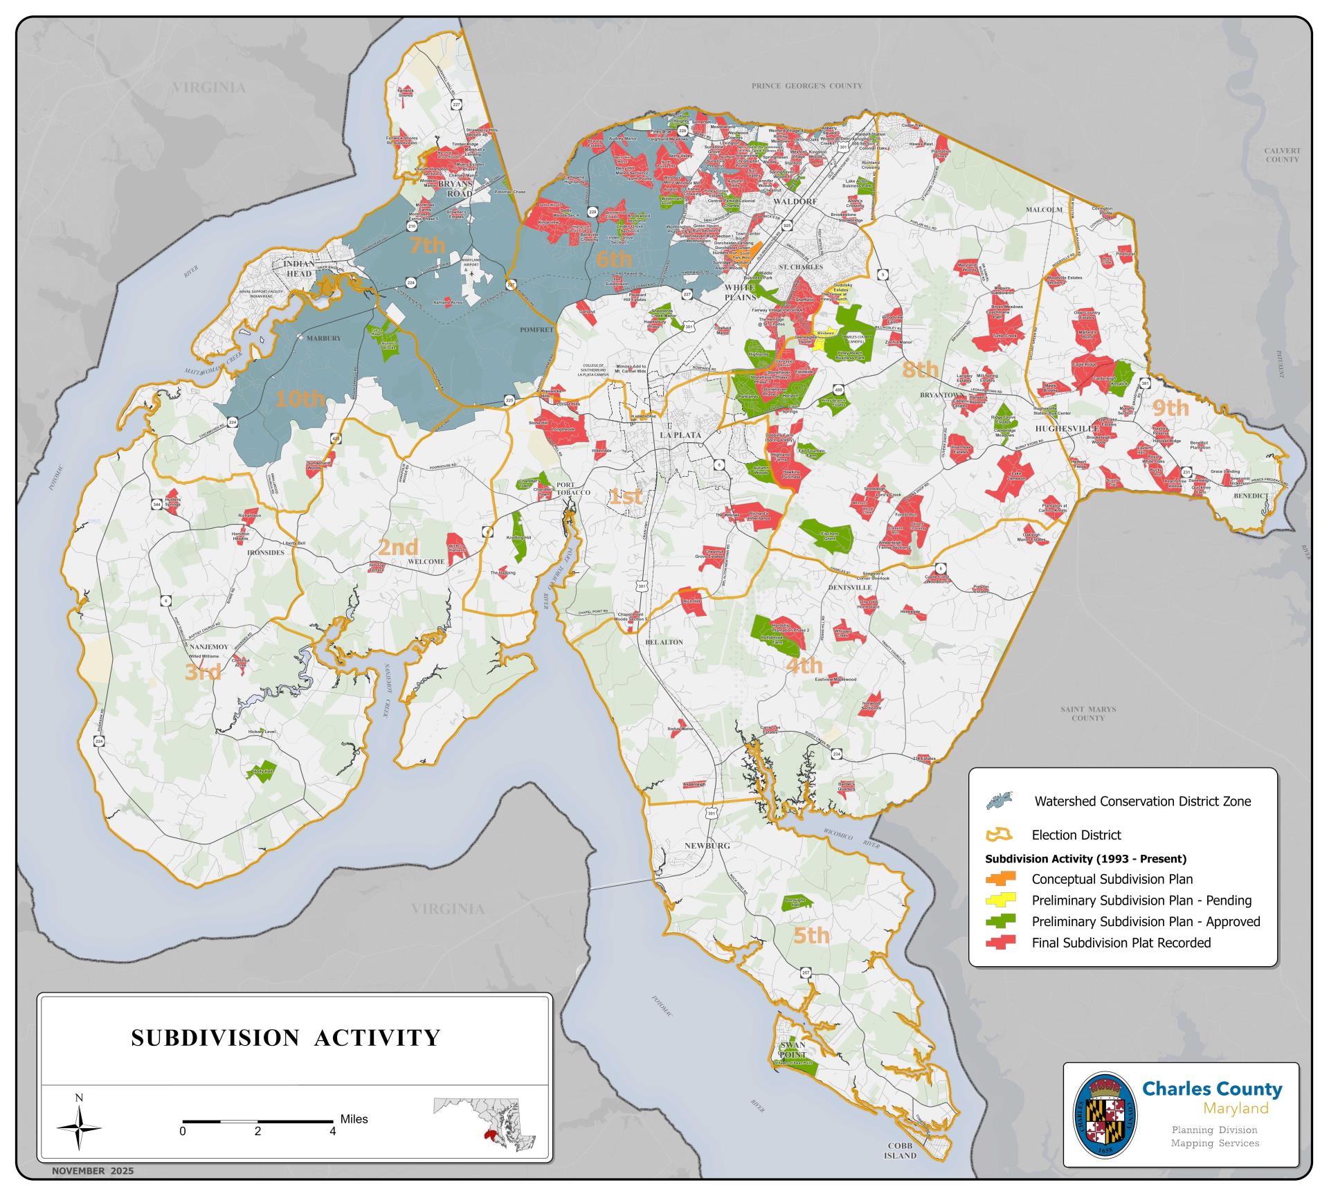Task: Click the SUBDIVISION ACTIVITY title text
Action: point(286,1038)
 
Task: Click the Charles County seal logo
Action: point(1106,1115)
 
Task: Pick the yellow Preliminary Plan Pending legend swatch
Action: point(1002,900)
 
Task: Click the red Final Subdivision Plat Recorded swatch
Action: point(1002,942)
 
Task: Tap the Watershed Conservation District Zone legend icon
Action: point(1000,801)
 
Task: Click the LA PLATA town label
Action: point(680,435)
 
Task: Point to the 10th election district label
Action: point(300,399)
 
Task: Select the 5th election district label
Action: point(811,935)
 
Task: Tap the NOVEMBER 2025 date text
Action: point(93,1171)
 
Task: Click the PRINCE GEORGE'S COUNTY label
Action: point(807,86)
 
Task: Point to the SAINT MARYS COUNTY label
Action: point(1088,714)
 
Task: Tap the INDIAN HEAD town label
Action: point(299,269)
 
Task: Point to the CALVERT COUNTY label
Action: point(1282,154)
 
